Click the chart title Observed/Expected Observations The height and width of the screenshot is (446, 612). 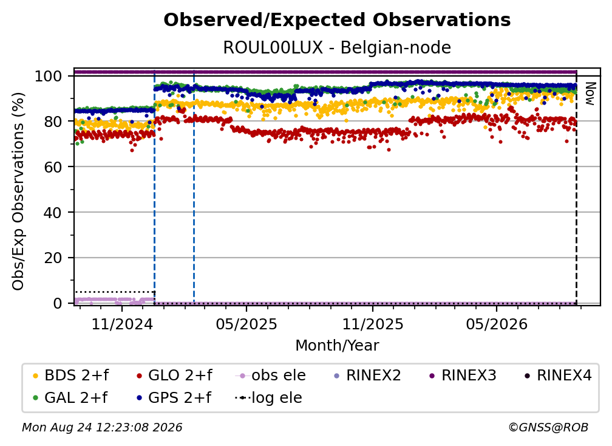(337, 20)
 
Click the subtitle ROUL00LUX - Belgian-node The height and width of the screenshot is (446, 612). (337, 47)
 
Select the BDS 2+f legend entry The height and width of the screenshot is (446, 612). (70, 376)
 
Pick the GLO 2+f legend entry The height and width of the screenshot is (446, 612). (174, 376)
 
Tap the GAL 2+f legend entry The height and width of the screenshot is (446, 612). (70, 397)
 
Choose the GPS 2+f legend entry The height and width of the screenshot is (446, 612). (174, 397)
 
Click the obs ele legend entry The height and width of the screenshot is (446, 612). (271, 376)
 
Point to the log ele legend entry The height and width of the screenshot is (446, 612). (268, 397)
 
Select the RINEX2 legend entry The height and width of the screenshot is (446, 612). (367, 376)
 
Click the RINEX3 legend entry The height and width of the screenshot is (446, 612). (463, 376)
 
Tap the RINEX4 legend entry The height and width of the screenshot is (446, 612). (558, 376)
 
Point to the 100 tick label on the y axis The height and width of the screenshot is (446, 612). (49, 76)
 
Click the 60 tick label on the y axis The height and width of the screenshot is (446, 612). (53, 167)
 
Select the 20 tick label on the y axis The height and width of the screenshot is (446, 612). (53, 258)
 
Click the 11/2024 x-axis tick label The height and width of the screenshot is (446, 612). (122, 324)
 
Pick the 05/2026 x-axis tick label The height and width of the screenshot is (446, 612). (497, 324)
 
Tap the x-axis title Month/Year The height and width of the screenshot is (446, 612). (337, 345)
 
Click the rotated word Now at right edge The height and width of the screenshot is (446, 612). (590, 94)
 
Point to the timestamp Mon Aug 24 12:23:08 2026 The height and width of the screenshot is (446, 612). (102, 427)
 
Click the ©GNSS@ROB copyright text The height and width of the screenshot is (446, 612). (548, 427)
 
